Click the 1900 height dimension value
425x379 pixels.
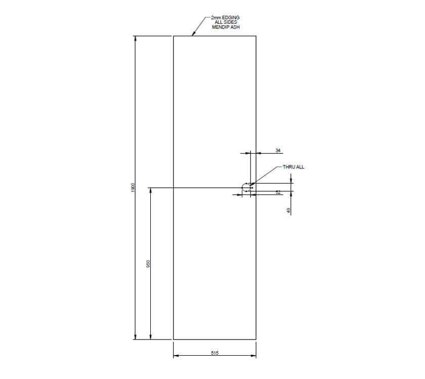click(x=133, y=187)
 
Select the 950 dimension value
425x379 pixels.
click(x=148, y=264)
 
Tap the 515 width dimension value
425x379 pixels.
click(x=215, y=353)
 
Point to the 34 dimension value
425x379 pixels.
click(x=278, y=150)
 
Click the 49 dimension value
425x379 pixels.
click(x=289, y=210)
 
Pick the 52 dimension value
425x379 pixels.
click(x=278, y=193)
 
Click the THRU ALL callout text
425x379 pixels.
click(x=293, y=166)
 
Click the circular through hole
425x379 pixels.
click(x=246, y=188)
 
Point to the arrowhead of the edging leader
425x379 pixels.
click(x=193, y=34)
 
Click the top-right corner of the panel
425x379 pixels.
click(x=256, y=36)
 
